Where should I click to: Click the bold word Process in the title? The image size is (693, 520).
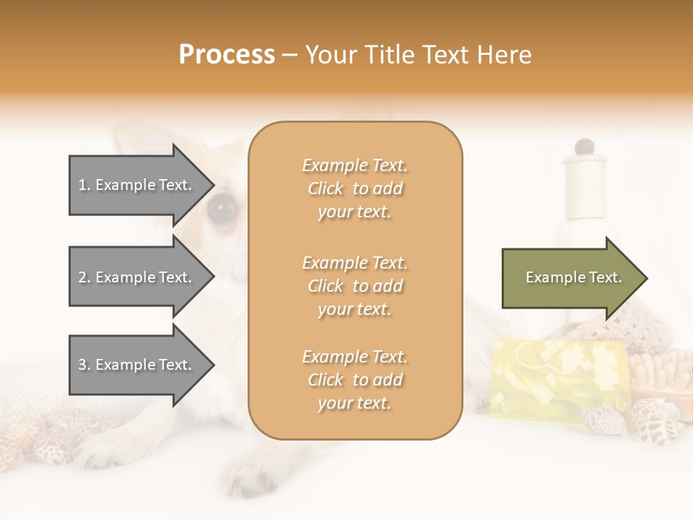click(227, 54)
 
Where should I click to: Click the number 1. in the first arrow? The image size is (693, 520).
click(84, 185)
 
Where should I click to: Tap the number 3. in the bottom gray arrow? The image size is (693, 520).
click(84, 365)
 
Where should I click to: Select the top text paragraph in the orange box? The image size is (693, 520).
click(354, 188)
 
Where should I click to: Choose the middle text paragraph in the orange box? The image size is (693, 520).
click(354, 286)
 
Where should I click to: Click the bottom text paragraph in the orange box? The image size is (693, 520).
click(354, 380)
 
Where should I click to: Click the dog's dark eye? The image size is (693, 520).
click(221, 208)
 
